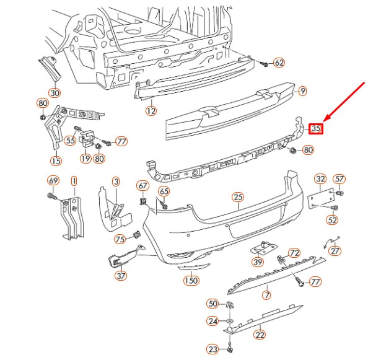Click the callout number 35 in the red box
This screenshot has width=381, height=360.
(316, 129)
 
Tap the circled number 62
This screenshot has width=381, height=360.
(279, 63)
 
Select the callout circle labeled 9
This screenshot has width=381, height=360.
(302, 91)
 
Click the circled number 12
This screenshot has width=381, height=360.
(151, 112)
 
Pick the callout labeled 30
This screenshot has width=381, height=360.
(55, 93)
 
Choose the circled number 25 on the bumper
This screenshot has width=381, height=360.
(239, 198)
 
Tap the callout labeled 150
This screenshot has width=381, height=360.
(191, 281)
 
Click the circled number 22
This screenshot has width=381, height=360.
(260, 335)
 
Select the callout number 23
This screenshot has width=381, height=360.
(213, 350)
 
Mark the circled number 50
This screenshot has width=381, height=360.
(213, 304)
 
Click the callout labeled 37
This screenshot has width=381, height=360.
(120, 276)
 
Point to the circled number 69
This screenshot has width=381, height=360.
(53, 181)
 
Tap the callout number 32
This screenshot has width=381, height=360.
(320, 180)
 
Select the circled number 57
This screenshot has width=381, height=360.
(339, 180)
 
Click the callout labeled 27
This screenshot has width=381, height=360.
(335, 251)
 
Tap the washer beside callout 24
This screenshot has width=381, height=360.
(229, 321)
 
